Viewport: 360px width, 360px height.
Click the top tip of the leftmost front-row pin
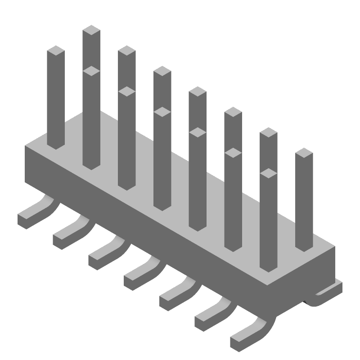[56, 50]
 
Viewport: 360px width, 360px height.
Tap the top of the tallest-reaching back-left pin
[91, 30]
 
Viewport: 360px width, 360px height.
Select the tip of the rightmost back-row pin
[304, 153]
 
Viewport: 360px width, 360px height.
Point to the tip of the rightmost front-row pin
[268, 173]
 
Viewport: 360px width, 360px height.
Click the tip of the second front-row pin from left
[91, 71]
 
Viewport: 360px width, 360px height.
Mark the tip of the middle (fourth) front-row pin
[162, 112]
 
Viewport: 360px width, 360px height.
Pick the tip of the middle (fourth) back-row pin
[198, 91]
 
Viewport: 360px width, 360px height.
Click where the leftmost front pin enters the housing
[56, 145]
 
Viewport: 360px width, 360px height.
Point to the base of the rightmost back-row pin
[304, 247]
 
